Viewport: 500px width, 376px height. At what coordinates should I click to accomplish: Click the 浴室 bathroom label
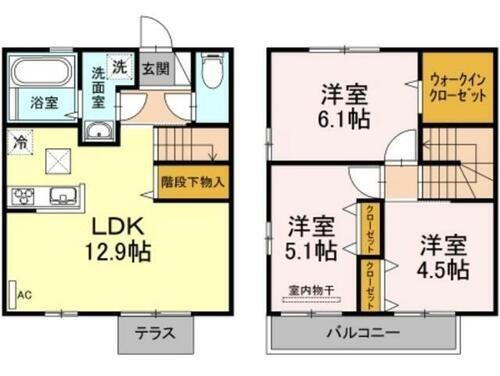(43, 103)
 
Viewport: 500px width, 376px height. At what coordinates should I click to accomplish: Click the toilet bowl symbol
(211, 75)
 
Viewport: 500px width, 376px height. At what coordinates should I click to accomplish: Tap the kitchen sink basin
(64, 194)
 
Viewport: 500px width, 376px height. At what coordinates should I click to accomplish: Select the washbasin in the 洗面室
(98, 135)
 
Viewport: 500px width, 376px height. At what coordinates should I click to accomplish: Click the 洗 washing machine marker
(119, 67)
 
